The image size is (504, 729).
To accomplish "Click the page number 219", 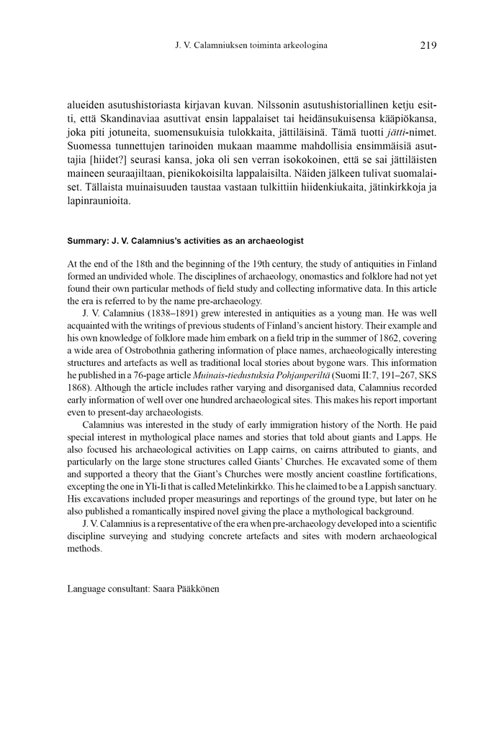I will coord(428,45).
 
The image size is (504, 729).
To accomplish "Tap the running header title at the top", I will coord(251,45).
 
